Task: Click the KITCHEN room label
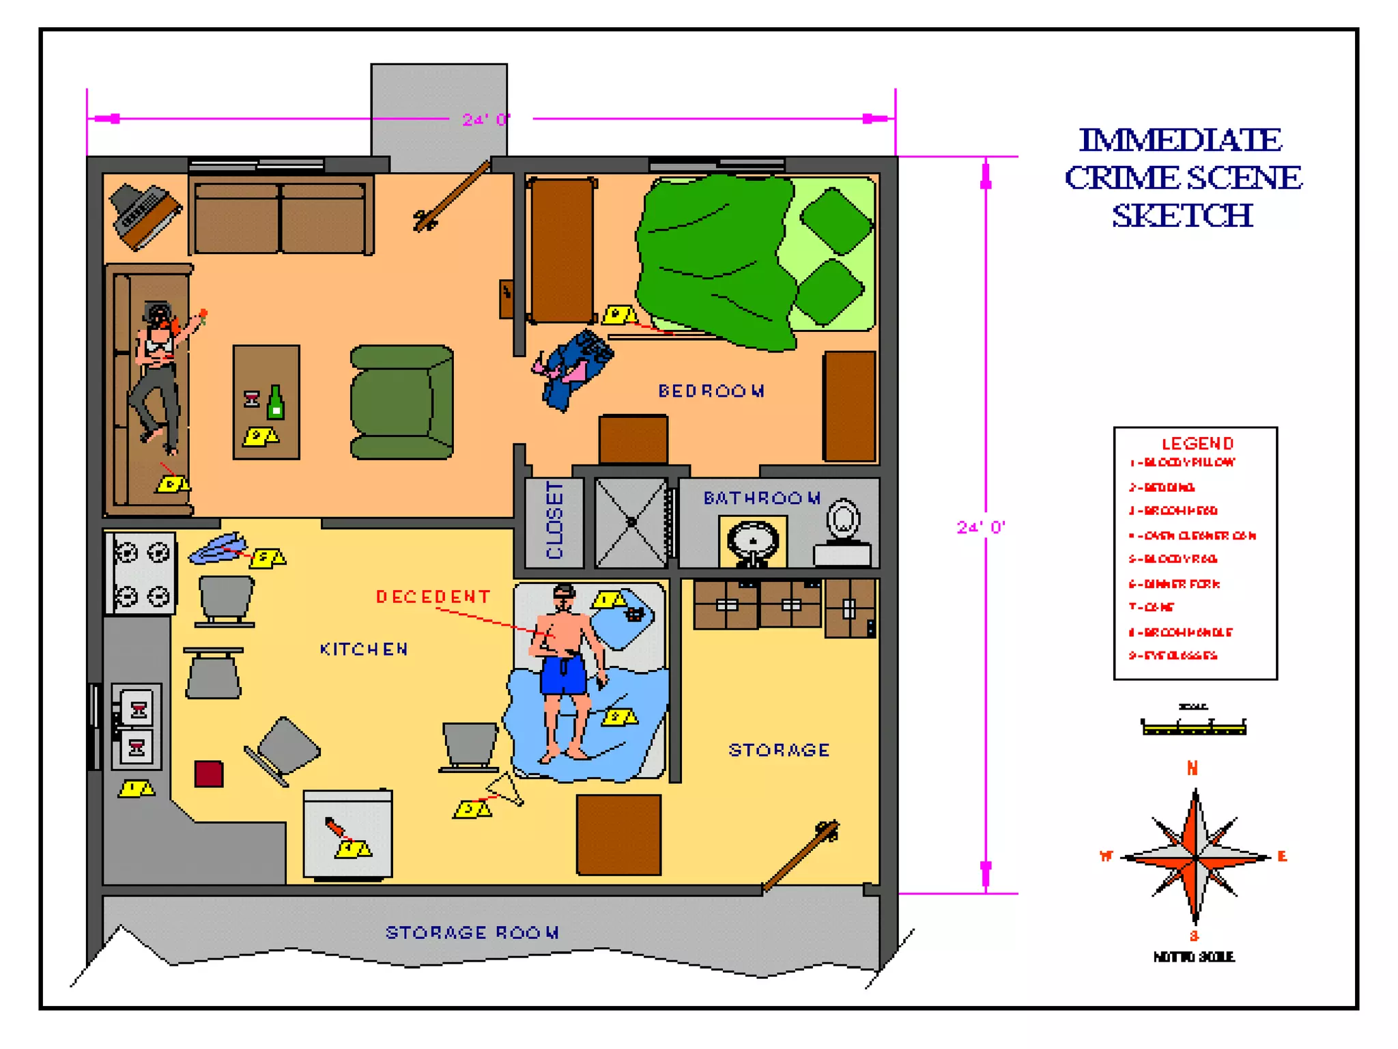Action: click(x=364, y=649)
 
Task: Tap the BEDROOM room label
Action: click(x=711, y=391)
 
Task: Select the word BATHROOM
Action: click(x=761, y=498)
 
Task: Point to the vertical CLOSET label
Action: click(x=554, y=520)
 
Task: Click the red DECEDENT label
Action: click(x=433, y=597)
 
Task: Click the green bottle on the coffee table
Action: click(x=275, y=402)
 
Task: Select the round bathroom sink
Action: click(x=753, y=541)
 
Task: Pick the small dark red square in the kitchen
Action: click(x=209, y=774)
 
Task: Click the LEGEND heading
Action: click(x=1197, y=443)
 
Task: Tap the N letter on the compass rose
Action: click(x=1192, y=768)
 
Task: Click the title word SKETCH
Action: click(x=1182, y=216)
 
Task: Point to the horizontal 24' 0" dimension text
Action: click(x=486, y=120)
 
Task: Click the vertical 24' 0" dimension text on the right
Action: click(x=980, y=527)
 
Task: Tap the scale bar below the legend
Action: click(x=1194, y=728)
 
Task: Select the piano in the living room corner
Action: click(x=145, y=214)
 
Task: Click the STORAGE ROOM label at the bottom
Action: click(x=472, y=932)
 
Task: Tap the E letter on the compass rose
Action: click(x=1282, y=856)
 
